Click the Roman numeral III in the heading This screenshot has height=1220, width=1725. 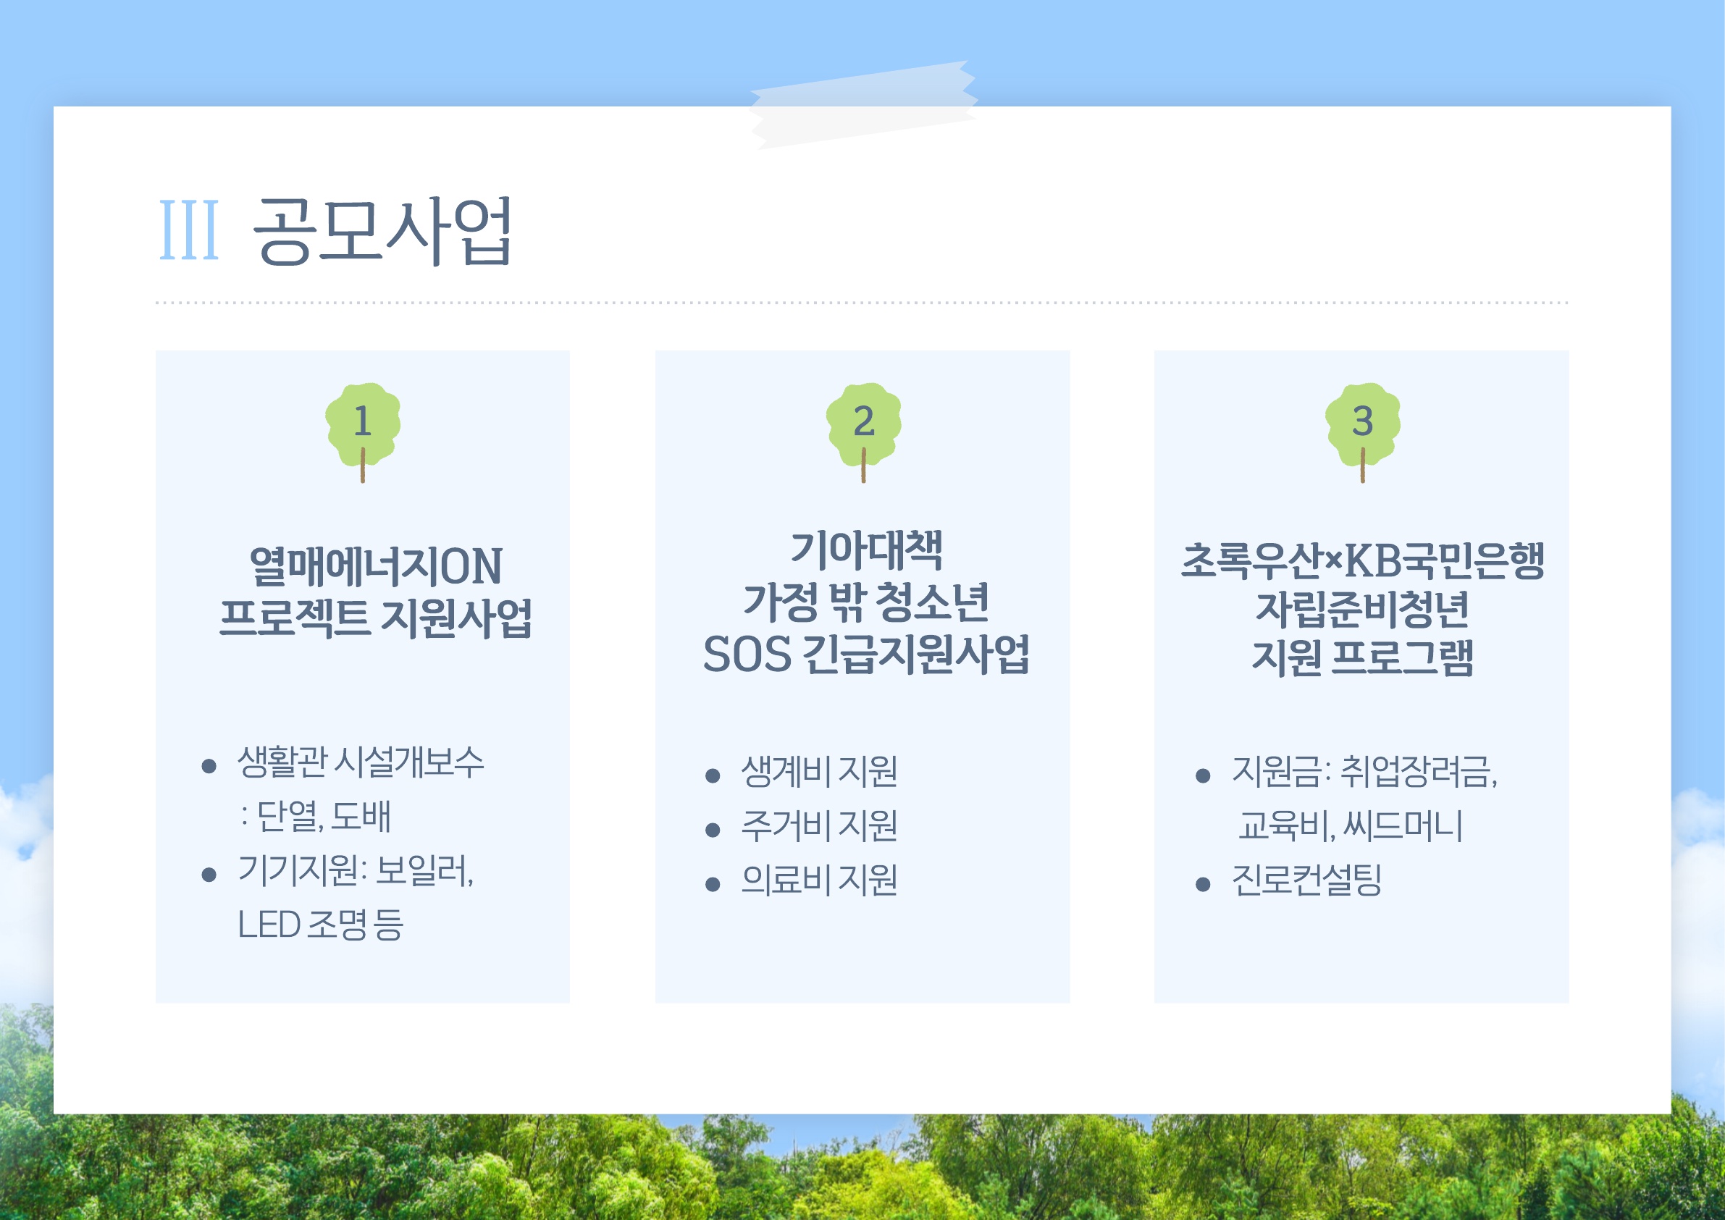pyautogui.click(x=189, y=230)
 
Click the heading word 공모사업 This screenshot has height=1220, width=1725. pyautogui.click(x=382, y=231)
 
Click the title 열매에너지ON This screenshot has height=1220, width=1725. pyautogui.click(x=376, y=565)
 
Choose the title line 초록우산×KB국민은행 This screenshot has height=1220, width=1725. pyautogui.click(x=1362, y=560)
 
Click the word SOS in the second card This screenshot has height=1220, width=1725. pyautogui.click(x=747, y=655)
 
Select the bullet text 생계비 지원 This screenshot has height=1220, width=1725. pyautogui.click(x=819, y=772)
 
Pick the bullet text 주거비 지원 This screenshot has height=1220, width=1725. pyautogui.click(x=819, y=825)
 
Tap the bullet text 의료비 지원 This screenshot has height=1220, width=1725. pyautogui.click(x=819, y=880)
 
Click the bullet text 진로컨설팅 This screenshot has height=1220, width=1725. pyautogui.click(x=1306, y=880)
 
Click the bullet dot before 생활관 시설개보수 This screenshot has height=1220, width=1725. pyautogui.click(x=209, y=766)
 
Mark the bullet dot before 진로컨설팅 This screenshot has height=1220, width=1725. pyautogui.click(x=1203, y=884)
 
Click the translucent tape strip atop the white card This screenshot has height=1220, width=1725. pyautogui.click(x=862, y=104)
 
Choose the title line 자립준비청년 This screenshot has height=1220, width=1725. pyautogui.click(x=1362, y=608)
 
